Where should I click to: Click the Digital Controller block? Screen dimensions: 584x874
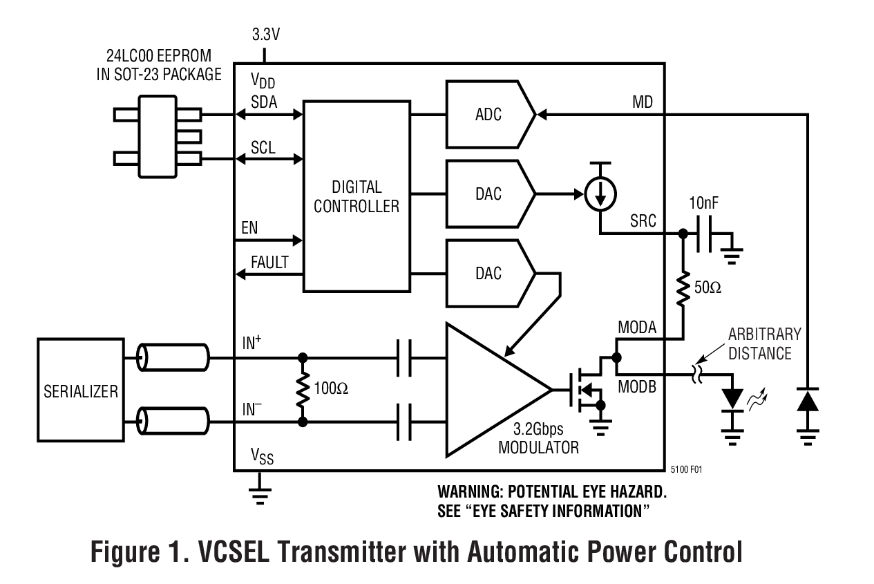[x=357, y=196]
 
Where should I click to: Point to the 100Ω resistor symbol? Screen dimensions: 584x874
[x=302, y=389]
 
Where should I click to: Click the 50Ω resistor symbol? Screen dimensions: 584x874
[x=683, y=288]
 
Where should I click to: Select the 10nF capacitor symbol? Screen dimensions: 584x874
[x=705, y=234]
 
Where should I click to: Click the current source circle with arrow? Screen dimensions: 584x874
[x=600, y=195]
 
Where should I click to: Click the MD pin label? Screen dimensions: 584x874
[x=643, y=103]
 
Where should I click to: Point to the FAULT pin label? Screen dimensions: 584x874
[x=269, y=263]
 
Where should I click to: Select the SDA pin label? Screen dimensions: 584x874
[x=264, y=102]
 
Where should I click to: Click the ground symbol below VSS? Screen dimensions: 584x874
[x=260, y=492]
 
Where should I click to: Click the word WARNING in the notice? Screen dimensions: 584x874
[x=470, y=492]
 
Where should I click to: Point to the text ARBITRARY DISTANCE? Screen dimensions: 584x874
[x=764, y=343]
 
